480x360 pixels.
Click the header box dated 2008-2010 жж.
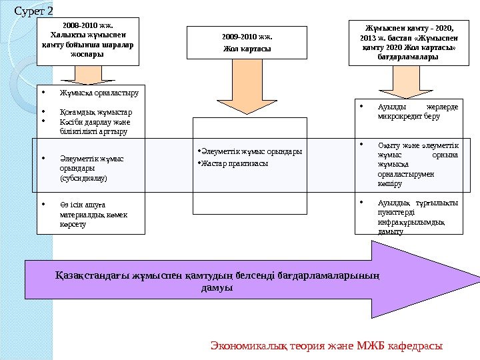coord(87,41)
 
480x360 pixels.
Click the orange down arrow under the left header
coord(87,75)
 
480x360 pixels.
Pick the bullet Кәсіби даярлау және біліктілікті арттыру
coord(95,127)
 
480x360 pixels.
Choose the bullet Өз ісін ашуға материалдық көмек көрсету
coord(93,215)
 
